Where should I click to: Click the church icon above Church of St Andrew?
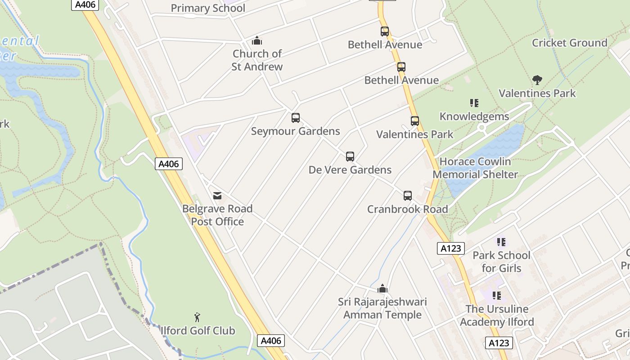(x=257, y=41)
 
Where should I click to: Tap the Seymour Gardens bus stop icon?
(x=296, y=118)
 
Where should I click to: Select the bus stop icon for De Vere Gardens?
(x=350, y=157)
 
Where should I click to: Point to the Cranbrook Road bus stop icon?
(x=408, y=196)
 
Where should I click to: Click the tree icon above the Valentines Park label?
(x=537, y=81)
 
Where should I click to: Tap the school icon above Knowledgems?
(x=474, y=103)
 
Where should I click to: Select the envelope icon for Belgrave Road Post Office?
(x=217, y=195)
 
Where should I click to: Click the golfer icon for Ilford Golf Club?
(x=197, y=317)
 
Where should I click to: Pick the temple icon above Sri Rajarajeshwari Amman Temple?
(x=382, y=288)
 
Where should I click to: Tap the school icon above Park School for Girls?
(x=501, y=242)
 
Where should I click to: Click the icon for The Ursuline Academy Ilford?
(x=497, y=296)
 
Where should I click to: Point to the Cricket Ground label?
(x=570, y=43)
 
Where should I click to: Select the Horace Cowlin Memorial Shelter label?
(x=475, y=168)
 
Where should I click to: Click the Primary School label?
(x=208, y=8)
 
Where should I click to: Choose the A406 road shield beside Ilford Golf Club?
(x=271, y=341)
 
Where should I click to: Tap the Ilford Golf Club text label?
(x=198, y=331)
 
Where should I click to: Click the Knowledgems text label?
(x=474, y=117)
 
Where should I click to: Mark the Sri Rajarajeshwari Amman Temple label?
(x=382, y=308)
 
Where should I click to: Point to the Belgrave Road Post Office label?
(x=217, y=215)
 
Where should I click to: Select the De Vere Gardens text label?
(x=350, y=170)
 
